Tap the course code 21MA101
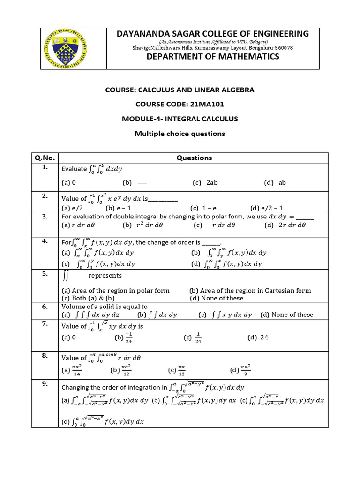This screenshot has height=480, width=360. coord(180,105)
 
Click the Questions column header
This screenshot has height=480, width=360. coord(194,158)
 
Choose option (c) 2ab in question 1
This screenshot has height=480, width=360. coord(203,183)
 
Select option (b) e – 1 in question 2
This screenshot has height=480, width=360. coord(120,208)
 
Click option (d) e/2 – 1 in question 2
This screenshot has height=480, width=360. coord(267,208)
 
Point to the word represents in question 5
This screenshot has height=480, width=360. coord(105,276)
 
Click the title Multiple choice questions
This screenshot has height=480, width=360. coord(180,134)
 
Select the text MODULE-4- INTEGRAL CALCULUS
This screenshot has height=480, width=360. coord(180,119)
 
